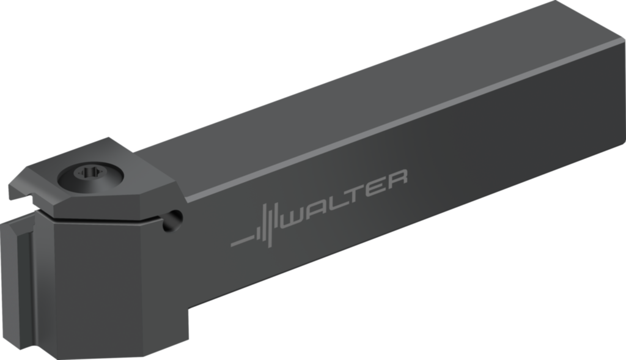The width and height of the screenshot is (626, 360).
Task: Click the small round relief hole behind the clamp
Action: [175, 216]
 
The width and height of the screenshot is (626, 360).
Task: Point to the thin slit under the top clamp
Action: [104, 215]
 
